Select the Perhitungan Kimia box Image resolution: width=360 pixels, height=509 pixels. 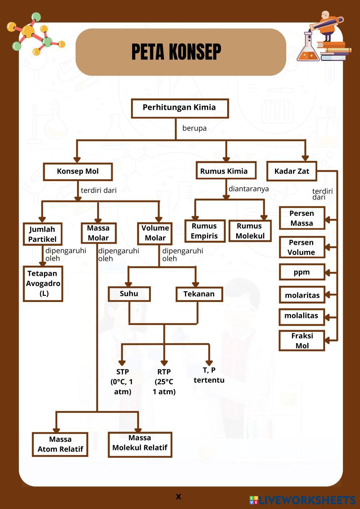pos(180,108)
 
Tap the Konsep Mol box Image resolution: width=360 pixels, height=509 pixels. pos(78,172)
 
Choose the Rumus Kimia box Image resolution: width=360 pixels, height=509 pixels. pos(226,171)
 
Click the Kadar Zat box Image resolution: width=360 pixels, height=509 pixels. pos(292,171)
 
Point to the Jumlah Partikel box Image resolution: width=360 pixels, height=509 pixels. pos(42,234)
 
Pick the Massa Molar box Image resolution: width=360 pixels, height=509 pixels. pos(98,233)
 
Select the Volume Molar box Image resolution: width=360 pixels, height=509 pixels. pos(155,233)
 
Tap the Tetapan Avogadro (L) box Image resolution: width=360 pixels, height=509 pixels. pos(43,284)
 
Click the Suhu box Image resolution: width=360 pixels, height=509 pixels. pos(129,294)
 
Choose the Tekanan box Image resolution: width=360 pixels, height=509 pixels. pos(199,294)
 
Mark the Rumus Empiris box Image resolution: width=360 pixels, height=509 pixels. pos(204,231)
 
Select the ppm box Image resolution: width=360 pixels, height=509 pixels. pos(302,272)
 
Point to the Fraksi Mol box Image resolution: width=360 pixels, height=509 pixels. pos(302,341)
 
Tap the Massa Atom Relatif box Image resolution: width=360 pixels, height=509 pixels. pos(60,444)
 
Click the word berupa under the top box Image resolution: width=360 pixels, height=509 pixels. pos(194,128)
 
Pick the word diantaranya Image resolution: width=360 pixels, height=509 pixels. pos(249,189)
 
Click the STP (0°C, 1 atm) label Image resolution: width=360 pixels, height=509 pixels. pos(122,382)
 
